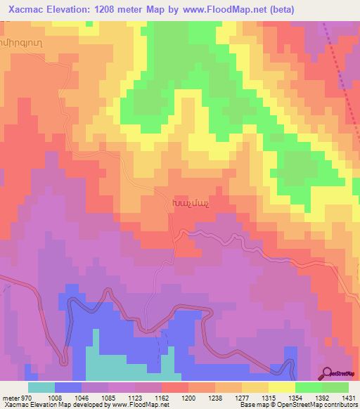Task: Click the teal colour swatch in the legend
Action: click(x=41, y=387)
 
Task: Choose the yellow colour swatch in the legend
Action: click(x=281, y=387)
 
